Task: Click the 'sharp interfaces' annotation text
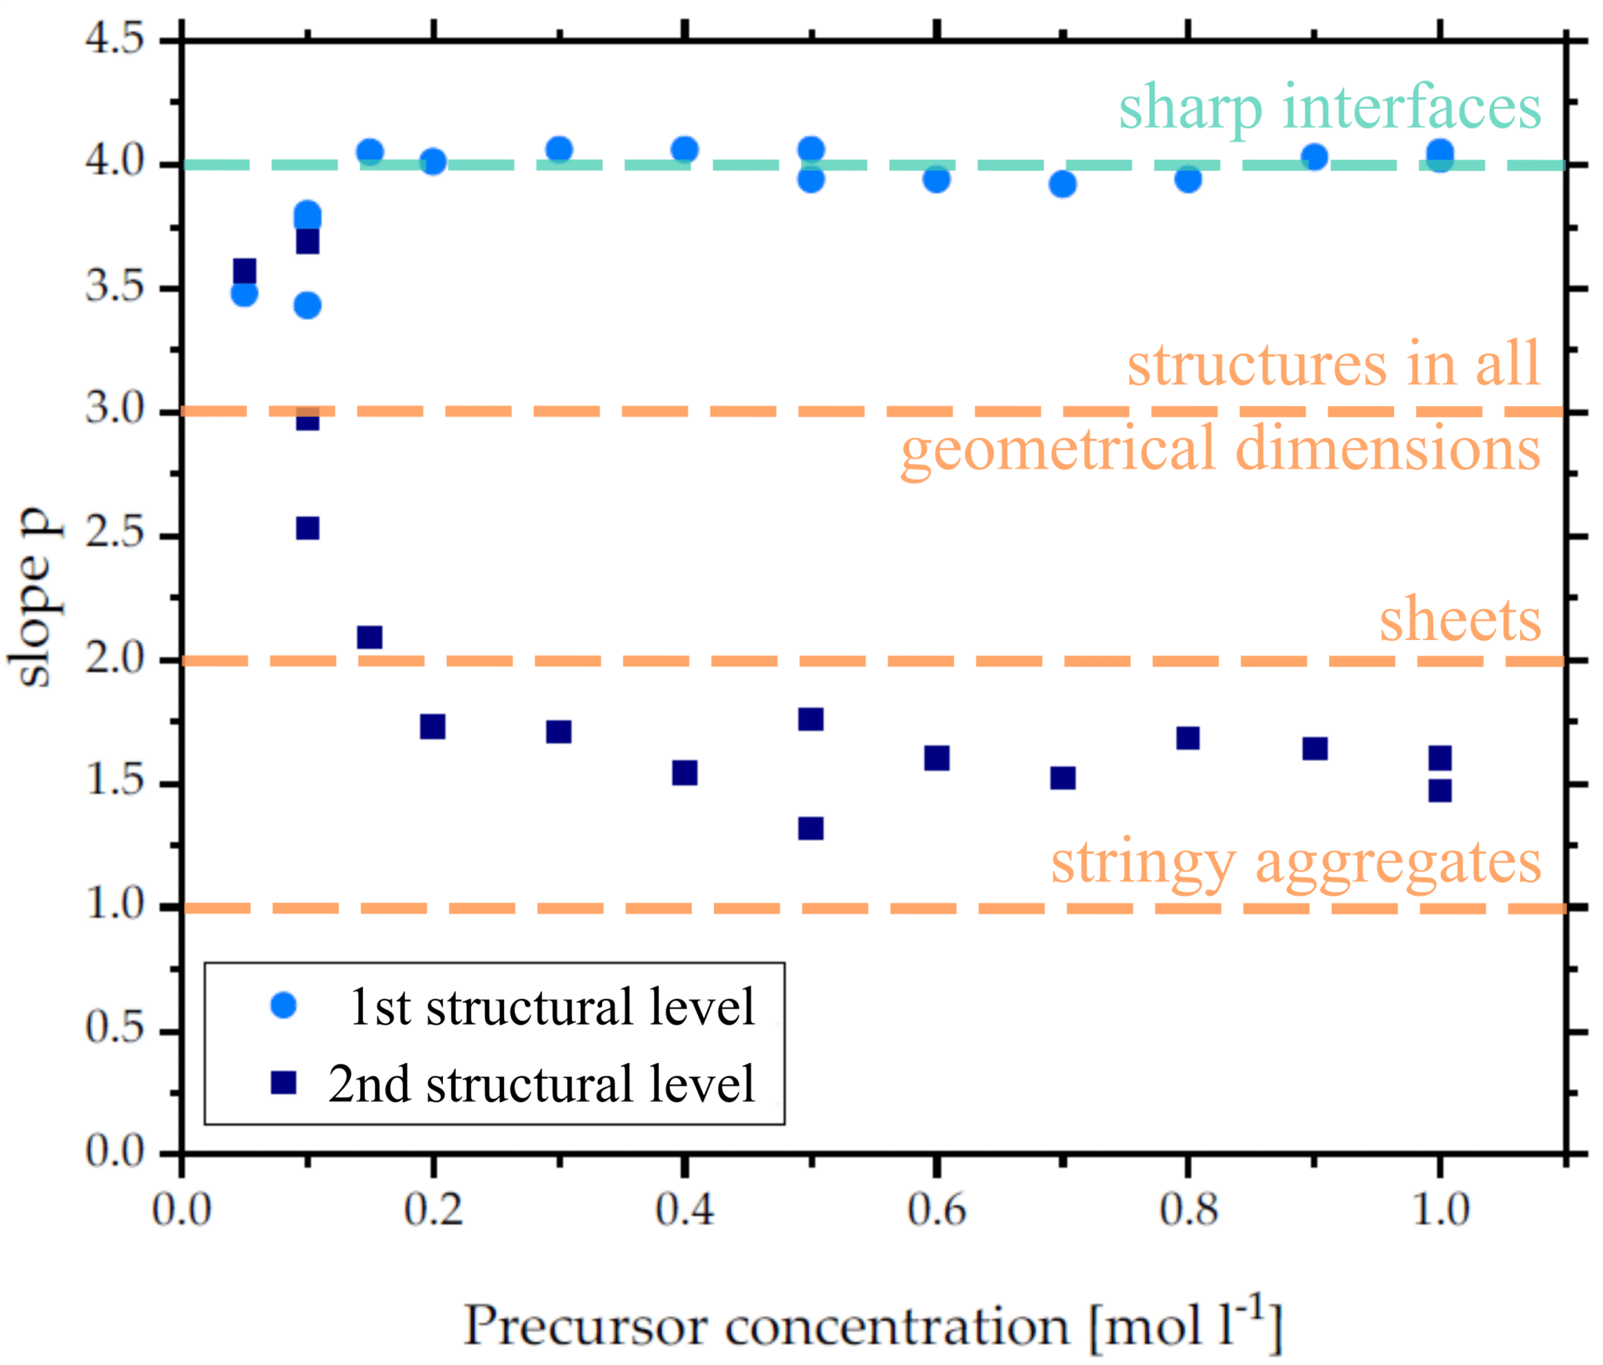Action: (1329, 109)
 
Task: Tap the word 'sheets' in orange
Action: (1459, 620)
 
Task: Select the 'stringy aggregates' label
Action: (1295, 863)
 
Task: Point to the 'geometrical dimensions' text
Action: (1220, 450)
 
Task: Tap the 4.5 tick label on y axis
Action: (114, 39)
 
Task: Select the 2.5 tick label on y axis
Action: (114, 535)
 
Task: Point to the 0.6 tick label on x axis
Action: (936, 1209)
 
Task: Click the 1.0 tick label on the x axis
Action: (1439, 1209)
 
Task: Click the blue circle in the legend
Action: (283, 1005)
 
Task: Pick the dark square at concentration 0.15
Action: (369, 638)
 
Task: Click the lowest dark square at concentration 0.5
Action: (811, 828)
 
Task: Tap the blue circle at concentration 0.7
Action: (1062, 185)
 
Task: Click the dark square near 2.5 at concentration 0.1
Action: (308, 529)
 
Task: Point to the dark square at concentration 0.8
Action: (1187, 738)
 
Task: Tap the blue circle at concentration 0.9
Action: (1315, 157)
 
